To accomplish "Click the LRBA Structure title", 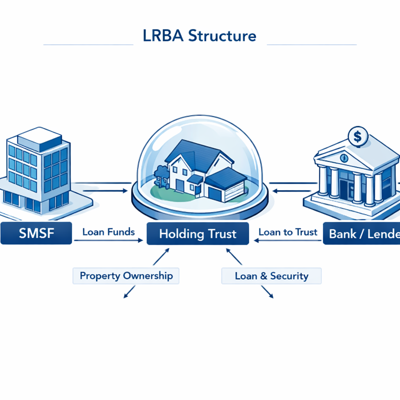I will tap(200, 36).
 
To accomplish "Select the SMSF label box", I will tap(36, 233).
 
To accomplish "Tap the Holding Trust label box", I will tap(198, 234).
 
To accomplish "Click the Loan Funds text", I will tap(109, 232).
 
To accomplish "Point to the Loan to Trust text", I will tap(288, 232).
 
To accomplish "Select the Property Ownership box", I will tap(126, 276).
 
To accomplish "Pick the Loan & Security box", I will tap(271, 276).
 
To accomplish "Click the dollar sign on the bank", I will tap(357, 136).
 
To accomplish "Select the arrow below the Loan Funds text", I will tap(109, 241).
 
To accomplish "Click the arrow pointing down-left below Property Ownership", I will tap(129, 292).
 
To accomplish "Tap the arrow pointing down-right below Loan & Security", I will tap(267, 292).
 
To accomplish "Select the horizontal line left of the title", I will tap(88, 45).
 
